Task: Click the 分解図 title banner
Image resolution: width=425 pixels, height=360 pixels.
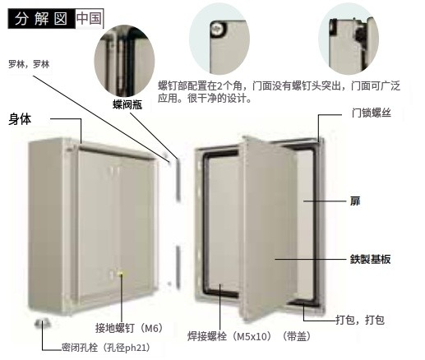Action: (41, 19)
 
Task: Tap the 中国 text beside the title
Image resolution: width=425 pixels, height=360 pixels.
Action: (89, 18)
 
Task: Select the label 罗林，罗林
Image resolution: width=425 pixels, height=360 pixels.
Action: (29, 64)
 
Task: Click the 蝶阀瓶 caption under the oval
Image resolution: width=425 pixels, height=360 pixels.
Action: (127, 104)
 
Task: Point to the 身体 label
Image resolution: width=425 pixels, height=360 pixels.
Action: (20, 119)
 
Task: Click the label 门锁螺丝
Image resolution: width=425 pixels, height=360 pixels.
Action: (372, 113)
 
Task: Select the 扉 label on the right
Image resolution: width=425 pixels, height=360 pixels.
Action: (355, 201)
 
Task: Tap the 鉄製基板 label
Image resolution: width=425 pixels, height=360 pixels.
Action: (370, 259)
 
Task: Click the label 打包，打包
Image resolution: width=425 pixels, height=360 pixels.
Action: (360, 320)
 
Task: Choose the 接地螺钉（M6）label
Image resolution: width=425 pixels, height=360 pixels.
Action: (129, 328)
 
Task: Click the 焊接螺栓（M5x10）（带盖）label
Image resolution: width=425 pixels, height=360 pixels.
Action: (249, 336)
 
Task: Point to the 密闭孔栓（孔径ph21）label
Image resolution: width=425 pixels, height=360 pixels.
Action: (106, 348)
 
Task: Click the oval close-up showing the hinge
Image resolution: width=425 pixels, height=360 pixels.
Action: (124, 61)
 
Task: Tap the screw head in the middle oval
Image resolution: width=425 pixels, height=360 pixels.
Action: (219, 29)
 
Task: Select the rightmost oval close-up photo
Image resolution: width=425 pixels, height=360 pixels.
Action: (349, 39)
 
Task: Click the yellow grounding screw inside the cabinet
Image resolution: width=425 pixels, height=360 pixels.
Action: (121, 274)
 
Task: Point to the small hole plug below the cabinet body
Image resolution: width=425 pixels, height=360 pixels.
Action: (43, 323)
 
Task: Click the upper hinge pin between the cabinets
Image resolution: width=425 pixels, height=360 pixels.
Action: (178, 179)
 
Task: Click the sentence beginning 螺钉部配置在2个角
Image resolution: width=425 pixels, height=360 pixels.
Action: (279, 92)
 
